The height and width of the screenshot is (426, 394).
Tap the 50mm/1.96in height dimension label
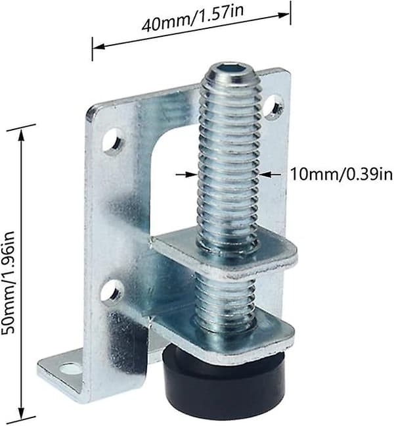pos(9,282)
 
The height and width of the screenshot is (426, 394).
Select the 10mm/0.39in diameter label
pos(341,174)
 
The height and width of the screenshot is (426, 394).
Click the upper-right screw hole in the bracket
pos(274,106)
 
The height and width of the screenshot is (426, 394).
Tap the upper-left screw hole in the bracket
pos(113,141)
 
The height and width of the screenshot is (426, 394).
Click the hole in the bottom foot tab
pos(70,368)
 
